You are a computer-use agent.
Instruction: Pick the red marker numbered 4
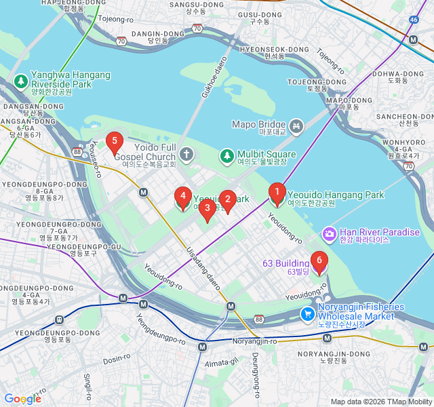pos(182,197)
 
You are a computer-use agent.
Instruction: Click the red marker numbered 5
pos(115,142)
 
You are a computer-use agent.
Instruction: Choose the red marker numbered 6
pos(319,261)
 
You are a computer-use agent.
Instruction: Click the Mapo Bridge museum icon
pos(296,125)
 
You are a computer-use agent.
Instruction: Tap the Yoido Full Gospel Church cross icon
pos(186,155)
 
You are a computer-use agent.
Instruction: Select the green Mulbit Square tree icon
pos(226,157)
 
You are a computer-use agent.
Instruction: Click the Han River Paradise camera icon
pos(330,234)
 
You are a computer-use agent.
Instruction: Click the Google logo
pos(22,399)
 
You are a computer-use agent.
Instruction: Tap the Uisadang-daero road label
pos(203,269)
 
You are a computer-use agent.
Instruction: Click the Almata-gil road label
pos(226,363)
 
